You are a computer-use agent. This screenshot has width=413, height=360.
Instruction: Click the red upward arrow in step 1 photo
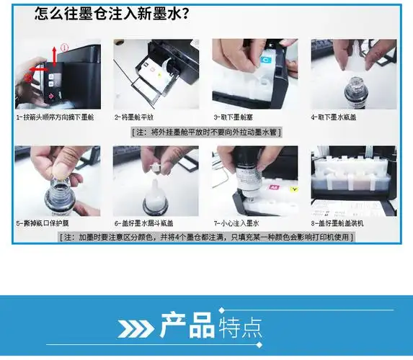coord(54,55)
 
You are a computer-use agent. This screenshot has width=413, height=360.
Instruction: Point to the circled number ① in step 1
coord(65,48)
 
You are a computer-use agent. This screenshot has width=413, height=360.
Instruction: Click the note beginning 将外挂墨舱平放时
coord(206,132)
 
